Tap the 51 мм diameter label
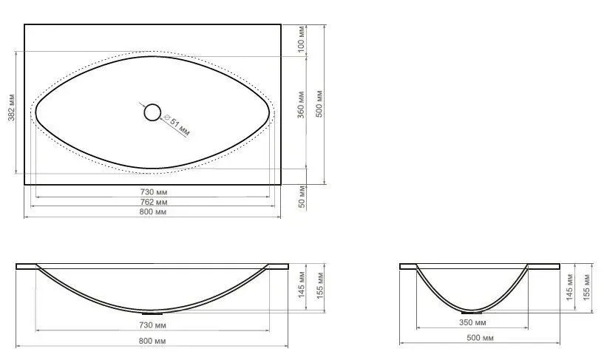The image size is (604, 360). [x=177, y=125]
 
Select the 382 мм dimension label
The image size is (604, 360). [x=12, y=107]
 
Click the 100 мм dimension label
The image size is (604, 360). [x=302, y=39]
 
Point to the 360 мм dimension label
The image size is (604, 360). [x=301, y=105]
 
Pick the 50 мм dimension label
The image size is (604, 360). [x=302, y=197]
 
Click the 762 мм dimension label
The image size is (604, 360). [x=153, y=202]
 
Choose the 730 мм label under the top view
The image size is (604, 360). [x=153, y=191]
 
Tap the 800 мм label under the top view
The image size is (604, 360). [x=152, y=211]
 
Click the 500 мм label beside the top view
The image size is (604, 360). [x=319, y=103]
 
